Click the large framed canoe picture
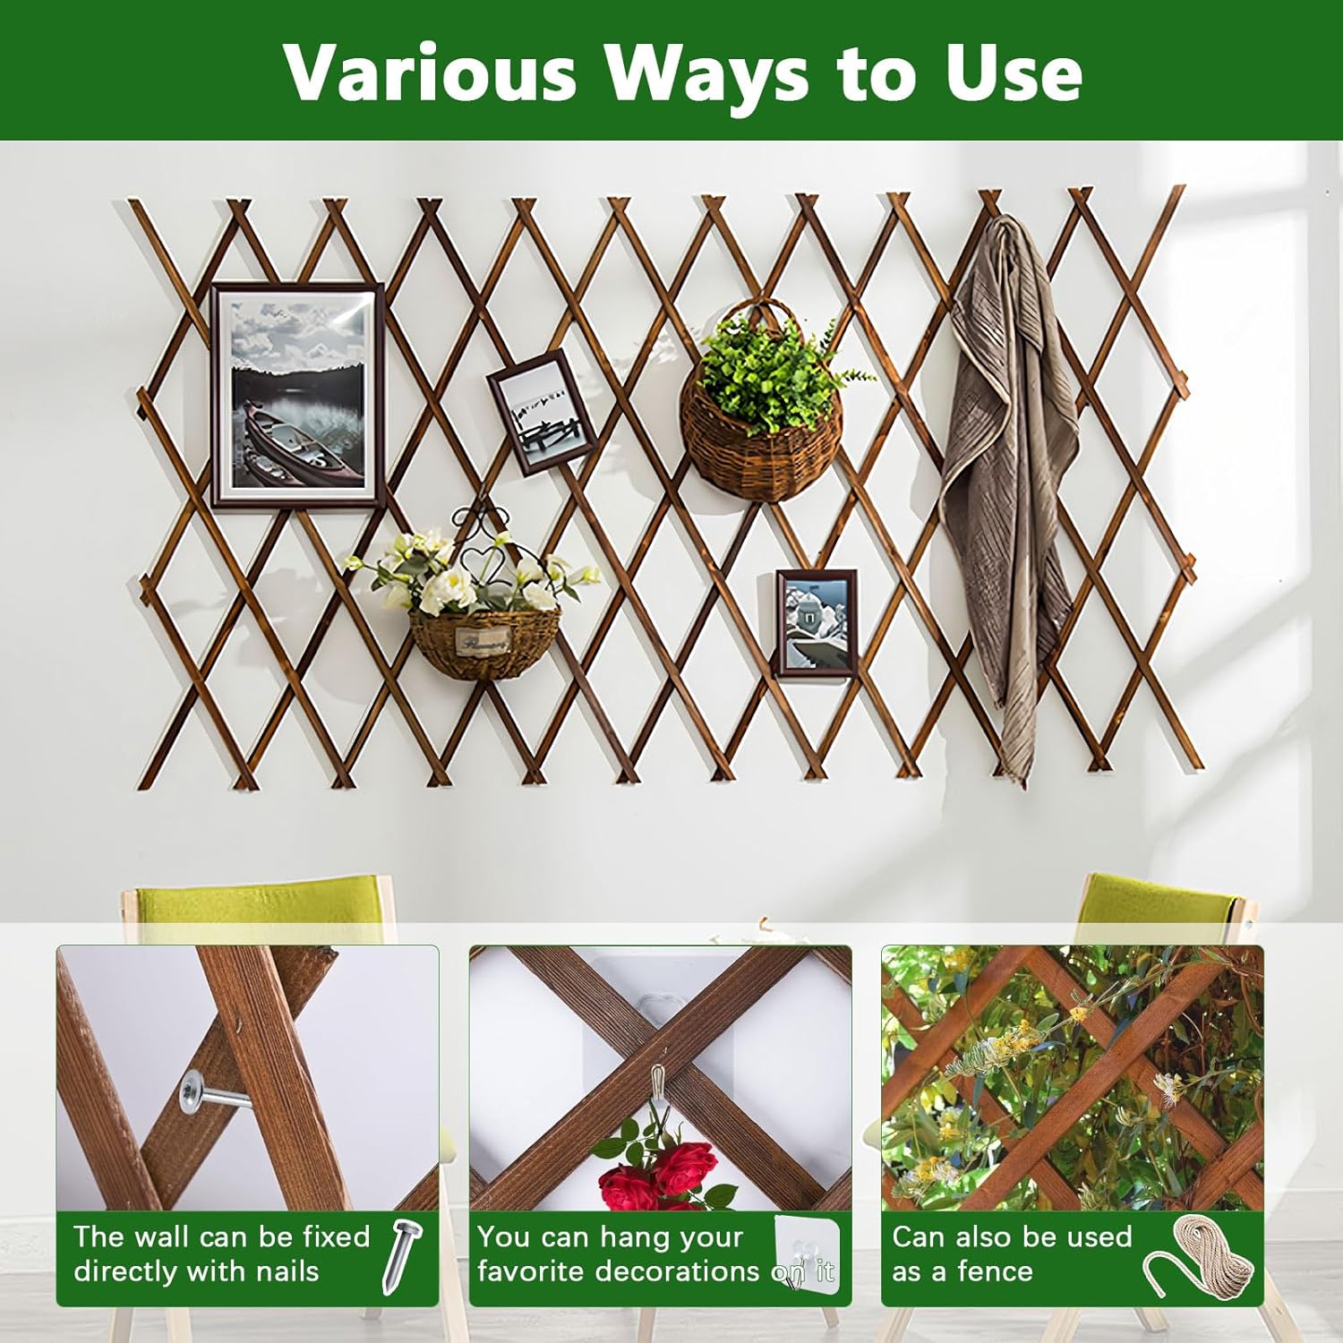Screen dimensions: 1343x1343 pos(298,395)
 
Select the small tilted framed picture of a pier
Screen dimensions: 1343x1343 pos(542,411)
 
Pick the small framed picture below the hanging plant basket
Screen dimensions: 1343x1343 pos(816,619)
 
